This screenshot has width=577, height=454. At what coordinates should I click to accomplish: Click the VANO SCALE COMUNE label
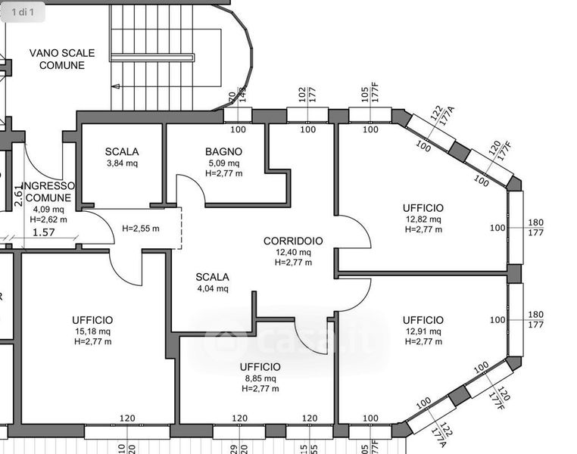(x=62, y=59)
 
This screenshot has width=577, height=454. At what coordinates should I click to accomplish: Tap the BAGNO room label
(x=223, y=151)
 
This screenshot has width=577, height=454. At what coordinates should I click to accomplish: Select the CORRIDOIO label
(x=293, y=241)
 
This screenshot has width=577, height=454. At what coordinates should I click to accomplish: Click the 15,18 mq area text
(x=93, y=331)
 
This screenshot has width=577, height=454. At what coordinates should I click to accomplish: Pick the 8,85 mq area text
(x=260, y=378)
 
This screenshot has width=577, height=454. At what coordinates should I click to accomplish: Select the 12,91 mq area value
(x=423, y=331)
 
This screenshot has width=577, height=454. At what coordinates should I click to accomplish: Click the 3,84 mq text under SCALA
(x=122, y=163)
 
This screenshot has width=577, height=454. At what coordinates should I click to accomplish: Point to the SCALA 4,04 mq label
(x=212, y=282)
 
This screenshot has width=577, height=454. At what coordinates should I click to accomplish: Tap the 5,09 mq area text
(x=223, y=163)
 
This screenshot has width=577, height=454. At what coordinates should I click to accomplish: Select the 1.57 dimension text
(x=45, y=233)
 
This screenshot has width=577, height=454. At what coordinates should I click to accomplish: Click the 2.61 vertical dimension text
(x=19, y=197)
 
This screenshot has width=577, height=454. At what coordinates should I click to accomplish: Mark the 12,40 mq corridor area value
(x=293, y=252)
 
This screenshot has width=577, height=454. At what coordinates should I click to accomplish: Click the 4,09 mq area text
(x=47, y=209)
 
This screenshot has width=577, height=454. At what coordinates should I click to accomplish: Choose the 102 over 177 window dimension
(x=307, y=94)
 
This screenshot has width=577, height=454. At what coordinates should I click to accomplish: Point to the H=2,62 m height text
(x=48, y=219)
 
